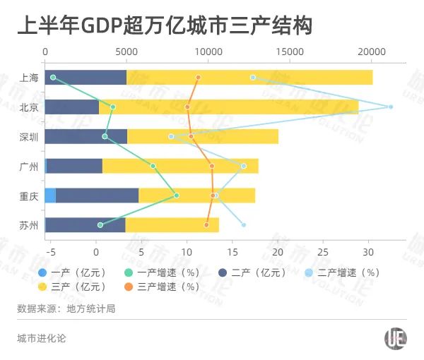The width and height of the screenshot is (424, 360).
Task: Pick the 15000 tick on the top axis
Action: [290, 52]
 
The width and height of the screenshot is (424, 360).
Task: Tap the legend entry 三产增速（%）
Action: [167, 287]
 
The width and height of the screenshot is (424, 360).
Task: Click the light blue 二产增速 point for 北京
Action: [391, 107]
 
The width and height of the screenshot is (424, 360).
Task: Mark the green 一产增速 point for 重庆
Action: [177, 196]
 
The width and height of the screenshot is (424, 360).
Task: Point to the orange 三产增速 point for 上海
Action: [199, 77]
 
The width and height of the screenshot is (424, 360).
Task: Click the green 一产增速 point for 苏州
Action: [100, 225]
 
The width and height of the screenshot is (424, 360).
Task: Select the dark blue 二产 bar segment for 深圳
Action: [86, 136]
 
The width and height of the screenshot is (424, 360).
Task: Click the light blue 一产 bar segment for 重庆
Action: [50, 196]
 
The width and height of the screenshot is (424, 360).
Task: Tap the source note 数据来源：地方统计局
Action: [66, 308]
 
